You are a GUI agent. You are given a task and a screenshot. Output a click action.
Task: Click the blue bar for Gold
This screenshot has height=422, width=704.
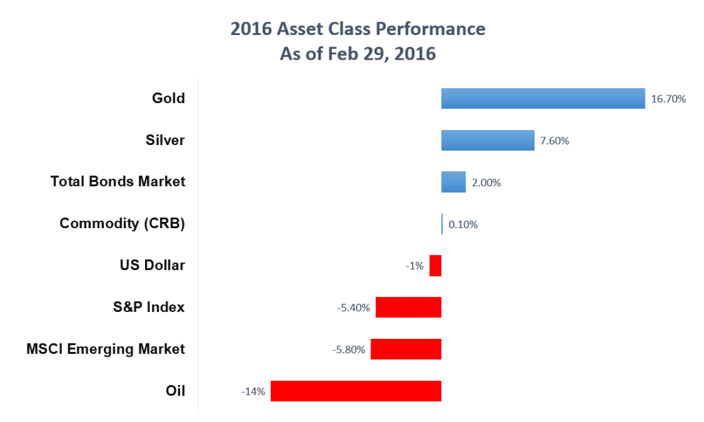[x=542, y=98]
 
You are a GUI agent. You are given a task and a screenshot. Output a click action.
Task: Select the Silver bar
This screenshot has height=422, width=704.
[x=487, y=140]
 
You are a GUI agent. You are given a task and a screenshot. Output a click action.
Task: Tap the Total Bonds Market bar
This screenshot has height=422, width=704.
[x=453, y=182]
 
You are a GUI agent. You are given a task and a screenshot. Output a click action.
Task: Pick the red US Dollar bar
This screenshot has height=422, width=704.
[x=435, y=265]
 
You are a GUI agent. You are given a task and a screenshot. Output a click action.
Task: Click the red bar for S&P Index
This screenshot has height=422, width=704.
[x=408, y=307]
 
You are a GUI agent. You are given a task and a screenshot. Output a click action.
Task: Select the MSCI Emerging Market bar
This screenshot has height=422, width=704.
[x=406, y=349]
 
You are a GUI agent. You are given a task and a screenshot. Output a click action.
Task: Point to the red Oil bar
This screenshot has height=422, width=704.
[x=355, y=391]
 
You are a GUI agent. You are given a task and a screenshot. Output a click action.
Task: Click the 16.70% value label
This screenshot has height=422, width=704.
[x=668, y=99]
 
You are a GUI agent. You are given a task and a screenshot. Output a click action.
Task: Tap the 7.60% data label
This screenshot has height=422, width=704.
[x=555, y=141]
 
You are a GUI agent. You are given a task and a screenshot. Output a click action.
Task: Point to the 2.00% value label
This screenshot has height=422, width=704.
[x=486, y=183]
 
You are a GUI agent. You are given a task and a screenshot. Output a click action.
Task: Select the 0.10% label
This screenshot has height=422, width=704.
[x=463, y=224]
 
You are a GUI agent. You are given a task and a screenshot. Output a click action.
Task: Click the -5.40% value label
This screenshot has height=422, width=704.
[x=353, y=308]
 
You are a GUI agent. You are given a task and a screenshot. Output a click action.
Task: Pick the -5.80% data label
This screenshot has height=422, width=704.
[x=349, y=350]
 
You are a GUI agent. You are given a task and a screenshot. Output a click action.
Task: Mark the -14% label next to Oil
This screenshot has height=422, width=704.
[x=253, y=392]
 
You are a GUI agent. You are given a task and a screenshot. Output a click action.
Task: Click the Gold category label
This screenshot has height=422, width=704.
[x=168, y=98]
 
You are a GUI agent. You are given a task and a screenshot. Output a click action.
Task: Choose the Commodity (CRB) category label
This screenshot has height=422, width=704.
[x=122, y=223]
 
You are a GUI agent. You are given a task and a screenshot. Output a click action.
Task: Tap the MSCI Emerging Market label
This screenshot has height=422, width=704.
[x=105, y=349]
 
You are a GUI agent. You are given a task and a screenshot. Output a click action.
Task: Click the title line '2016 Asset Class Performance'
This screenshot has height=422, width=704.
[x=357, y=29]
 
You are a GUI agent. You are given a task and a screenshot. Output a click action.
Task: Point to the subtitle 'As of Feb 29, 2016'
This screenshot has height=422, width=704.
[x=357, y=54]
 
